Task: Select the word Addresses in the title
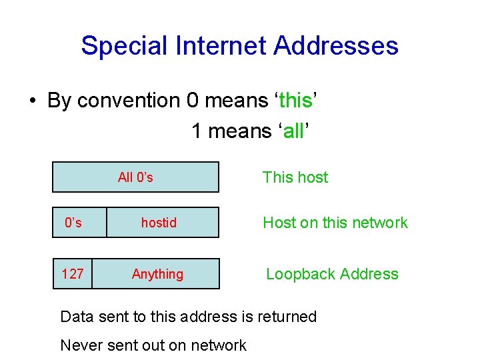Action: [x=336, y=46]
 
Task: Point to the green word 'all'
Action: [x=293, y=131]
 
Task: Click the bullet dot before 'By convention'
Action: [x=32, y=101]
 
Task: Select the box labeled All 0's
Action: [x=135, y=177]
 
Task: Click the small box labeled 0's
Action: [x=73, y=223]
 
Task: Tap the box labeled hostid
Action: [x=159, y=223]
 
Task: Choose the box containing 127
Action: [x=72, y=274]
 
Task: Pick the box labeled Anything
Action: [x=157, y=274]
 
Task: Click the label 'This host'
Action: [x=295, y=177]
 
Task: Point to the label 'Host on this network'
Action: [x=335, y=223]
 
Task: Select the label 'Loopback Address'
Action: [x=332, y=274]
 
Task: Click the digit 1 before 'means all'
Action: [x=197, y=131]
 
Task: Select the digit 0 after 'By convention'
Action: [x=193, y=101]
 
